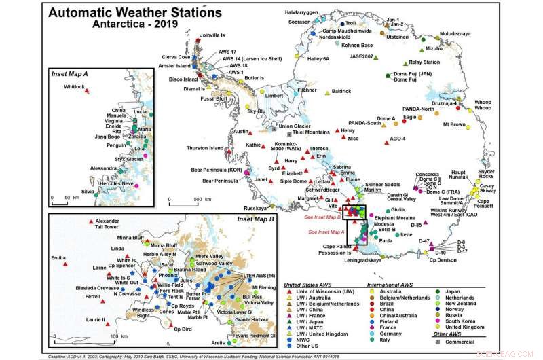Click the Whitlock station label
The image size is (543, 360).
(74, 87)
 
